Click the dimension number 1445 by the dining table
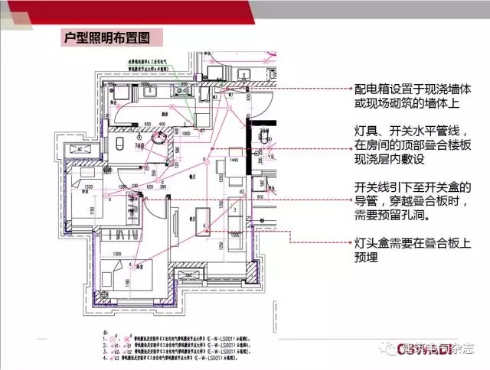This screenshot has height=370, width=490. click(227, 162)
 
